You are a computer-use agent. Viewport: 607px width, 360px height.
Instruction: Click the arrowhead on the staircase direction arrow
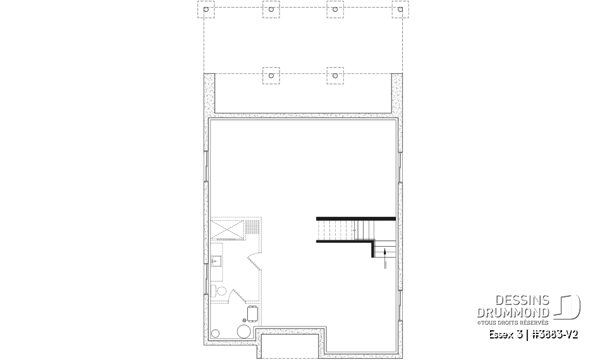[385, 252]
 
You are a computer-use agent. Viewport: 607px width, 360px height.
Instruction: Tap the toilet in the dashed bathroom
[221, 290]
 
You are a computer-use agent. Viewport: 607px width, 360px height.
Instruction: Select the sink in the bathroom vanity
[215, 259]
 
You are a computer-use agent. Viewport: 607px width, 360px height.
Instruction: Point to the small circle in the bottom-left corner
[216, 333]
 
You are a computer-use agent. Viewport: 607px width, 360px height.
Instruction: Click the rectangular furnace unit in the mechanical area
[252, 313]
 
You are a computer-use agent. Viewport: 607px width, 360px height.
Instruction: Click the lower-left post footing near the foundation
[271, 75]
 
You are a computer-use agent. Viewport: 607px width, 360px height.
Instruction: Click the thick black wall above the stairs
[355, 218]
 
